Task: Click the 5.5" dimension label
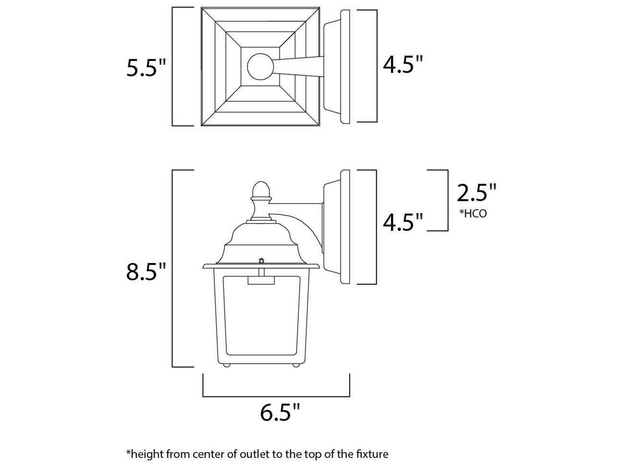pos(146,68)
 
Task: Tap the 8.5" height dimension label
pos(146,272)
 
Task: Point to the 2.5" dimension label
pos(476,193)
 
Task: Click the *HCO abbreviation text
pos(473,214)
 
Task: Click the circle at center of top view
pos(260,67)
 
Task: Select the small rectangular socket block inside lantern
pos(261,280)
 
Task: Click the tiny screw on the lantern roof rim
pos(261,260)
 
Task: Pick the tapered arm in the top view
pos(299,67)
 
